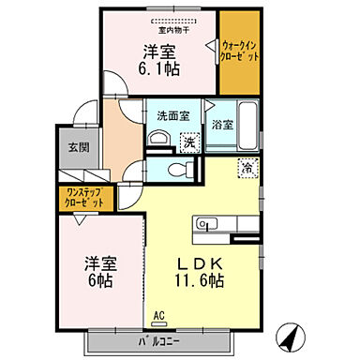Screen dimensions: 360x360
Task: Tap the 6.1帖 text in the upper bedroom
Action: pos(160,68)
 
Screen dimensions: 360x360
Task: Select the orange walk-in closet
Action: pos(239,52)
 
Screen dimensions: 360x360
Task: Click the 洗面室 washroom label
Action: pos(172,117)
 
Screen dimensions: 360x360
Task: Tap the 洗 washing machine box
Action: pos(188,142)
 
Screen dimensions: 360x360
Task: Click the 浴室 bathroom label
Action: pos(221,123)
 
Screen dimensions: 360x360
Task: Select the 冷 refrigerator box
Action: pos(247,170)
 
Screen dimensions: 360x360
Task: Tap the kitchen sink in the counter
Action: pos(207,223)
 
